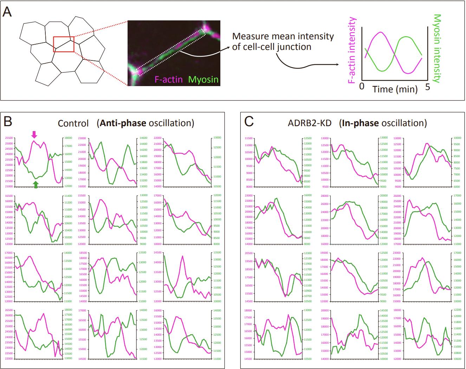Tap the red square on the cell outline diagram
tap(64, 44)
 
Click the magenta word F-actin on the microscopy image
tap(169, 79)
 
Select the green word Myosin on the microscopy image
tap(203, 79)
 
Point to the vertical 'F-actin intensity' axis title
tap(352, 51)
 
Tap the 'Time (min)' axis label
tap(395, 89)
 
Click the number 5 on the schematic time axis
tap(427, 86)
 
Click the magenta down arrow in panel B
tap(34, 134)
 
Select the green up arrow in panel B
tap(36, 184)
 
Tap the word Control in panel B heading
tap(73, 123)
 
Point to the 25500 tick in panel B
tap(9, 138)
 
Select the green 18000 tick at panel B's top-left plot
tap(67, 138)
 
